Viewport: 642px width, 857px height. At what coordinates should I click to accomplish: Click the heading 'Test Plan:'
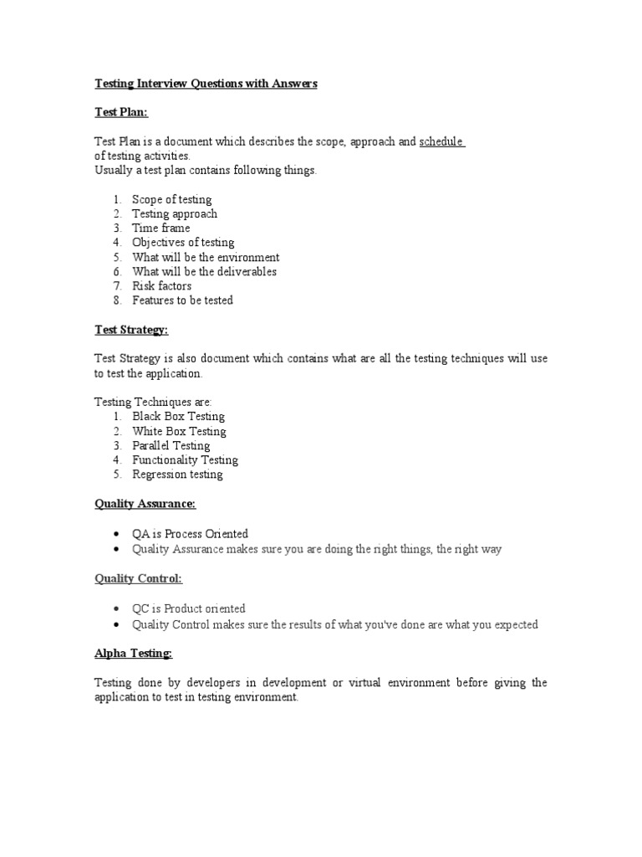click(x=120, y=113)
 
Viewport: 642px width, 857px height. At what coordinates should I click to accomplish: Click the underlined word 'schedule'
click(x=441, y=142)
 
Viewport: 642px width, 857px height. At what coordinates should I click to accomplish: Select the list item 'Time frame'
click(x=160, y=228)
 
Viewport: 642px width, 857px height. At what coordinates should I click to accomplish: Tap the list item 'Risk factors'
click(x=161, y=286)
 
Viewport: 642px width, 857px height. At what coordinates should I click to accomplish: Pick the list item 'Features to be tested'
click(x=182, y=300)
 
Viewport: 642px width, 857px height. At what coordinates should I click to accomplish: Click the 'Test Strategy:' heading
click(x=130, y=330)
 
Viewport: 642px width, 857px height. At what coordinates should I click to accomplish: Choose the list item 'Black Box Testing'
click(x=178, y=417)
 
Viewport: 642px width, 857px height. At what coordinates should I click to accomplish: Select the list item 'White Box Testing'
click(x=179, y=432)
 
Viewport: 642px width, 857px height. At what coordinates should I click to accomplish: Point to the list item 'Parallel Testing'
click(x=171, y=446)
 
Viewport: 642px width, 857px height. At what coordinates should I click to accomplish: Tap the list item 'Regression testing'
click(x=177, y=475)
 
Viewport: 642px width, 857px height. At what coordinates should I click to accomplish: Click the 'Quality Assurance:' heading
click(x=145, y=504)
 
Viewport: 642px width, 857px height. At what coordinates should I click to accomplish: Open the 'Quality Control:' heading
click(x=138, y=578)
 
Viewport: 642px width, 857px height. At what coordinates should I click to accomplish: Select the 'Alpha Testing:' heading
click(x=133, y=654)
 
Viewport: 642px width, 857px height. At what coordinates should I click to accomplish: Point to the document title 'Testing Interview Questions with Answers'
click(x=206, y=84)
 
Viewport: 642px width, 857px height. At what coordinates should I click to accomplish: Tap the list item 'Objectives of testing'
click(x=183, y=243)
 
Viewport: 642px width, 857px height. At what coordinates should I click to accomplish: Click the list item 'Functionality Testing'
click(x=185, y=460)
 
